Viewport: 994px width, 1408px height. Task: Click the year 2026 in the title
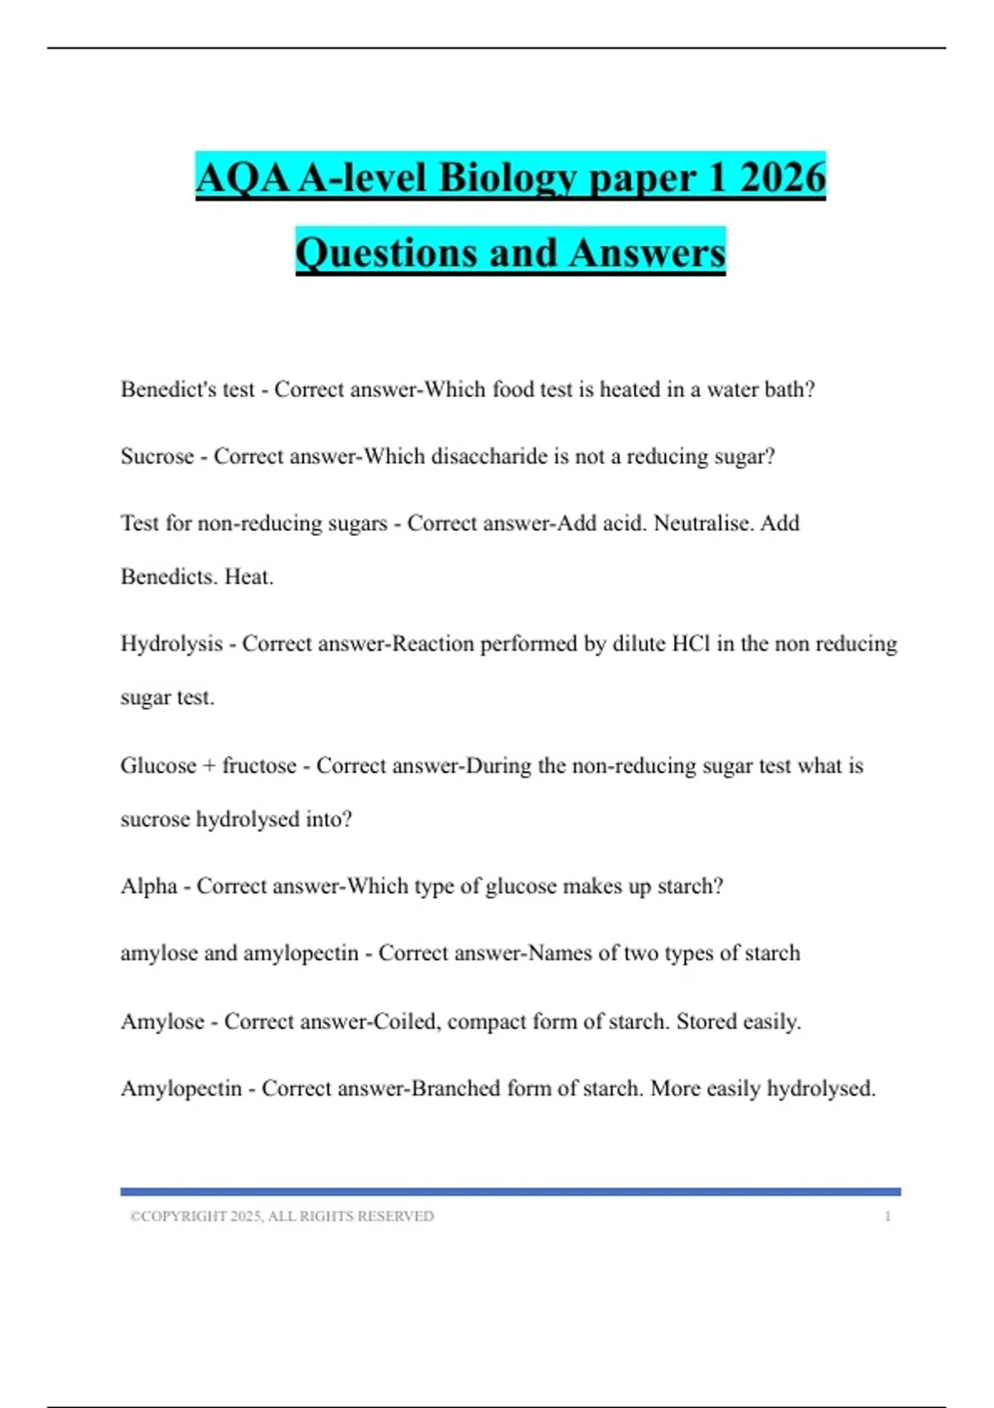(x=782, y=177)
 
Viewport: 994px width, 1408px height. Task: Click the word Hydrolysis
(x=171, y=644)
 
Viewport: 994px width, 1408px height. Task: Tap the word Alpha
(x=149, y=886)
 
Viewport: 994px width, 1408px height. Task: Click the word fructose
(x=258, y=765)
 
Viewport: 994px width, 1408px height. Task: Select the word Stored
(x=707, y=1021)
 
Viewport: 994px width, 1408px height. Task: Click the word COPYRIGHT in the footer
(x=184, y=1217)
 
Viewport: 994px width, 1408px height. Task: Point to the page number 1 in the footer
(x=887, y=1217)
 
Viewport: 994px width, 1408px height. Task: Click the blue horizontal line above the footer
(x=510, y=1192)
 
